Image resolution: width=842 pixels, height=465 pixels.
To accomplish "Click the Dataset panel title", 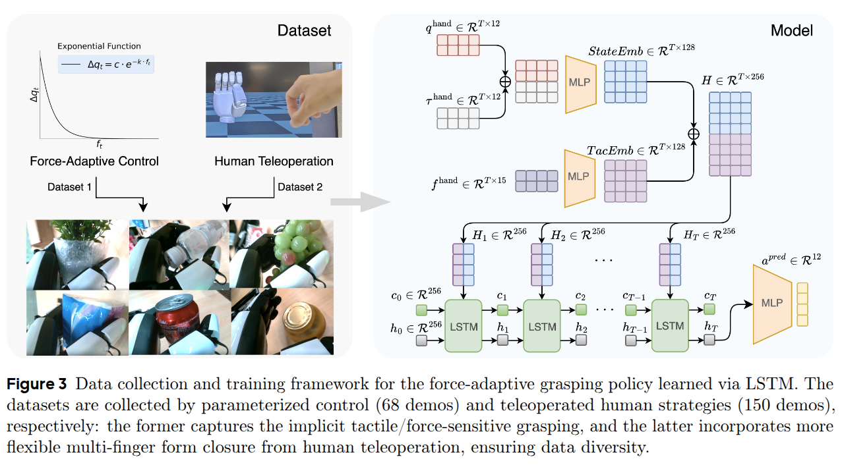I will point(304,31).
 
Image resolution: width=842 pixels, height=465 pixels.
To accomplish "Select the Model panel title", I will point(791,31).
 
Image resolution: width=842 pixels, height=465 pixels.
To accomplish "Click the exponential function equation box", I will point(106,64).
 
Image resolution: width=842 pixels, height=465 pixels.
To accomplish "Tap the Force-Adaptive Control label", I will point(94,161).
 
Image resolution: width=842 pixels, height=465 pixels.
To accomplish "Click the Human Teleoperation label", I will point(274,161).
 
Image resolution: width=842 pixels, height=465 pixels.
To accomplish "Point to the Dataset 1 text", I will point(70,187).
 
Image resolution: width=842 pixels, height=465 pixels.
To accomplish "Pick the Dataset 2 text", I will point(300,187).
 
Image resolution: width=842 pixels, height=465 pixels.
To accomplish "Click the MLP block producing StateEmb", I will point(578,84).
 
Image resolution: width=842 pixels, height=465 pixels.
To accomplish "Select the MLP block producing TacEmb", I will point(578,177).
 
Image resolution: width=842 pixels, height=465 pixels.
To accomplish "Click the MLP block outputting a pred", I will point(772,303).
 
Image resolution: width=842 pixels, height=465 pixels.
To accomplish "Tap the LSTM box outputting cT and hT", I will point(671,326).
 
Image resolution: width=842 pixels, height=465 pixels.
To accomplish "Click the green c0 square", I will point(421,310).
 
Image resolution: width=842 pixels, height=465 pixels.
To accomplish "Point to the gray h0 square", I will point(421,341).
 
